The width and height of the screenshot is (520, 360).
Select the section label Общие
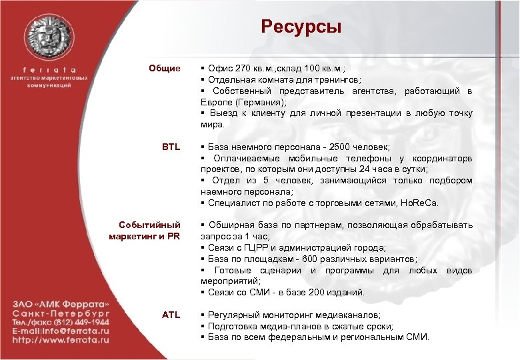tap(165, 68)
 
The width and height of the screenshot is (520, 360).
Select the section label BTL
tap(171, 147)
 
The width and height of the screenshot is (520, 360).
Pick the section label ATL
tap(171, 315)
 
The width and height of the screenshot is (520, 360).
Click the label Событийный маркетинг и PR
tap(145, 231)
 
